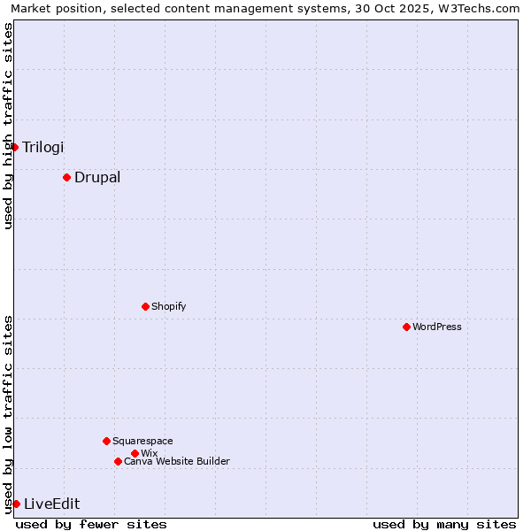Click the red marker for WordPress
pos(406,327)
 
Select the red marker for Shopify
pos(145,306)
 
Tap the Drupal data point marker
pos(66,177)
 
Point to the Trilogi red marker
pos(15,147)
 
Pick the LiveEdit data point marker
pos(16,504)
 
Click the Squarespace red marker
pos(106,441)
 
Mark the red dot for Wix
pos(135,453)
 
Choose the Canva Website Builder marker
pos(118,461)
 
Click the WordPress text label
pos(437,327)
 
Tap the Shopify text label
pos(168,306)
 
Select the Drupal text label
pos(97,177)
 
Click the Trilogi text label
pos(43,147)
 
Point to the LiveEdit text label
pos(51,504)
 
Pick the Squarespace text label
pos(142,441)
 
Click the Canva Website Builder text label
pos(177,461)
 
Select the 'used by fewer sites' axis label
pos(91,524)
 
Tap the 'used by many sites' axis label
pos(444,524)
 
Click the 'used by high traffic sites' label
pos(9,126)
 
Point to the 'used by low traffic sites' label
pos(9,414)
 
